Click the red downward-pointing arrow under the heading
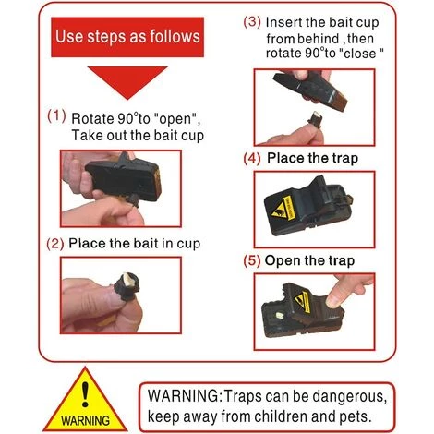127,81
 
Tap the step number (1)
56,116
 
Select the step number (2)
55,244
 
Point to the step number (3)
252,22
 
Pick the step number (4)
252,159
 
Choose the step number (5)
252,261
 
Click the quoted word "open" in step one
175,118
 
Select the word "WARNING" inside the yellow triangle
85,420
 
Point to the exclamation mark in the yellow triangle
85,394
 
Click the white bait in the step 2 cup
127,280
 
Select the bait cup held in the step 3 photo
315,120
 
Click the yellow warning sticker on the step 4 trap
284,209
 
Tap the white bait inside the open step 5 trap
280,316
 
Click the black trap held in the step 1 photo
124,180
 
